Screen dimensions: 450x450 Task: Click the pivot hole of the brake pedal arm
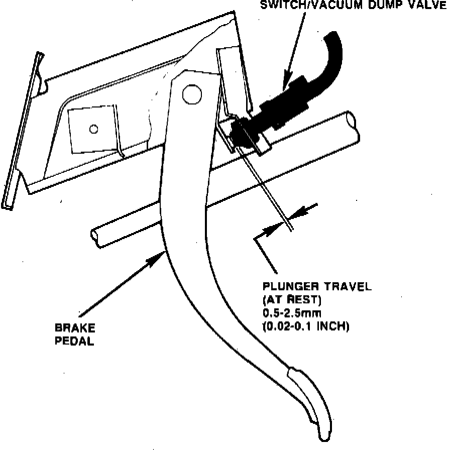(191, 92)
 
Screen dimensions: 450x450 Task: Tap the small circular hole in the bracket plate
(93, 129)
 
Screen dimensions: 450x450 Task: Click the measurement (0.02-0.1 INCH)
(305, 326)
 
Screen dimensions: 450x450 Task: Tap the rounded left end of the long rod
(95, 238)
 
